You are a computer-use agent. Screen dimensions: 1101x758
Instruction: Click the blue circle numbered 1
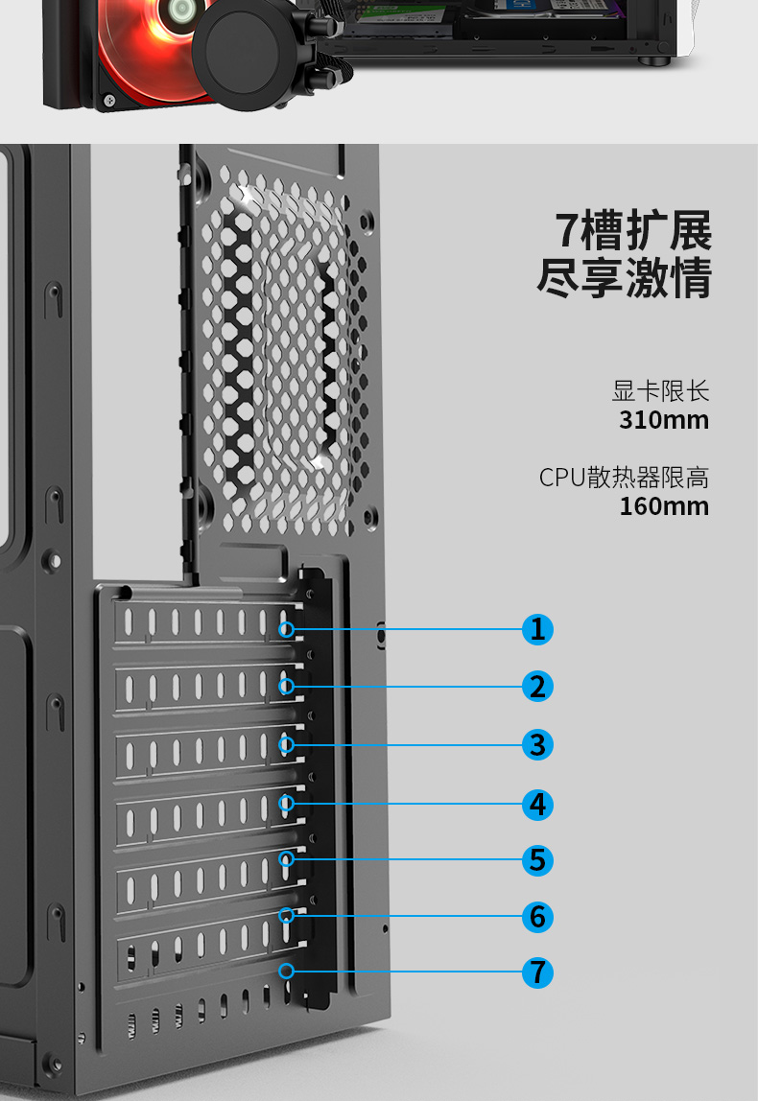pos(537,629)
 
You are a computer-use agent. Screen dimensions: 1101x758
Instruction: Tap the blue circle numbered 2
pos(537,687)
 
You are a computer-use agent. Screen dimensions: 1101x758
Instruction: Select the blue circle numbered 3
pos(537,744)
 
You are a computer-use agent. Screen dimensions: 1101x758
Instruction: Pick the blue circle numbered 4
pos(537,804)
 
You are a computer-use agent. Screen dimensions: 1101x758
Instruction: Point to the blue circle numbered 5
pos(537,859)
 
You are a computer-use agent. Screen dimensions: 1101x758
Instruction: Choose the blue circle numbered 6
pos(537,917)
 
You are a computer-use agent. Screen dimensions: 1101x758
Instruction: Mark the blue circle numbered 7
pos(537,972)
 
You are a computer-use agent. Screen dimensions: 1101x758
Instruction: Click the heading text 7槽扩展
pos(634,231)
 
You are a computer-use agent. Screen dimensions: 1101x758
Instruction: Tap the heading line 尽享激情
pos(625,279)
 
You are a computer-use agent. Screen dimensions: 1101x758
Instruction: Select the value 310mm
pos(664,420)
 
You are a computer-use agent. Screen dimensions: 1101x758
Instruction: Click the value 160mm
pos(664,506)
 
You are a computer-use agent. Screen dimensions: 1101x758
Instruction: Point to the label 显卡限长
pos(660,391)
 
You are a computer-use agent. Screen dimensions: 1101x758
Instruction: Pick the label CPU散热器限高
pos(624,478)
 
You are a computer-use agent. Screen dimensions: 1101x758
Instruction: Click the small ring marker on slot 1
pos(286,630)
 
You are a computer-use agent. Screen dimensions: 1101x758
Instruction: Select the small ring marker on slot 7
pos(286,972)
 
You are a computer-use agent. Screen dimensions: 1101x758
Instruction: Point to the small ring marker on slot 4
pos(286,804)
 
